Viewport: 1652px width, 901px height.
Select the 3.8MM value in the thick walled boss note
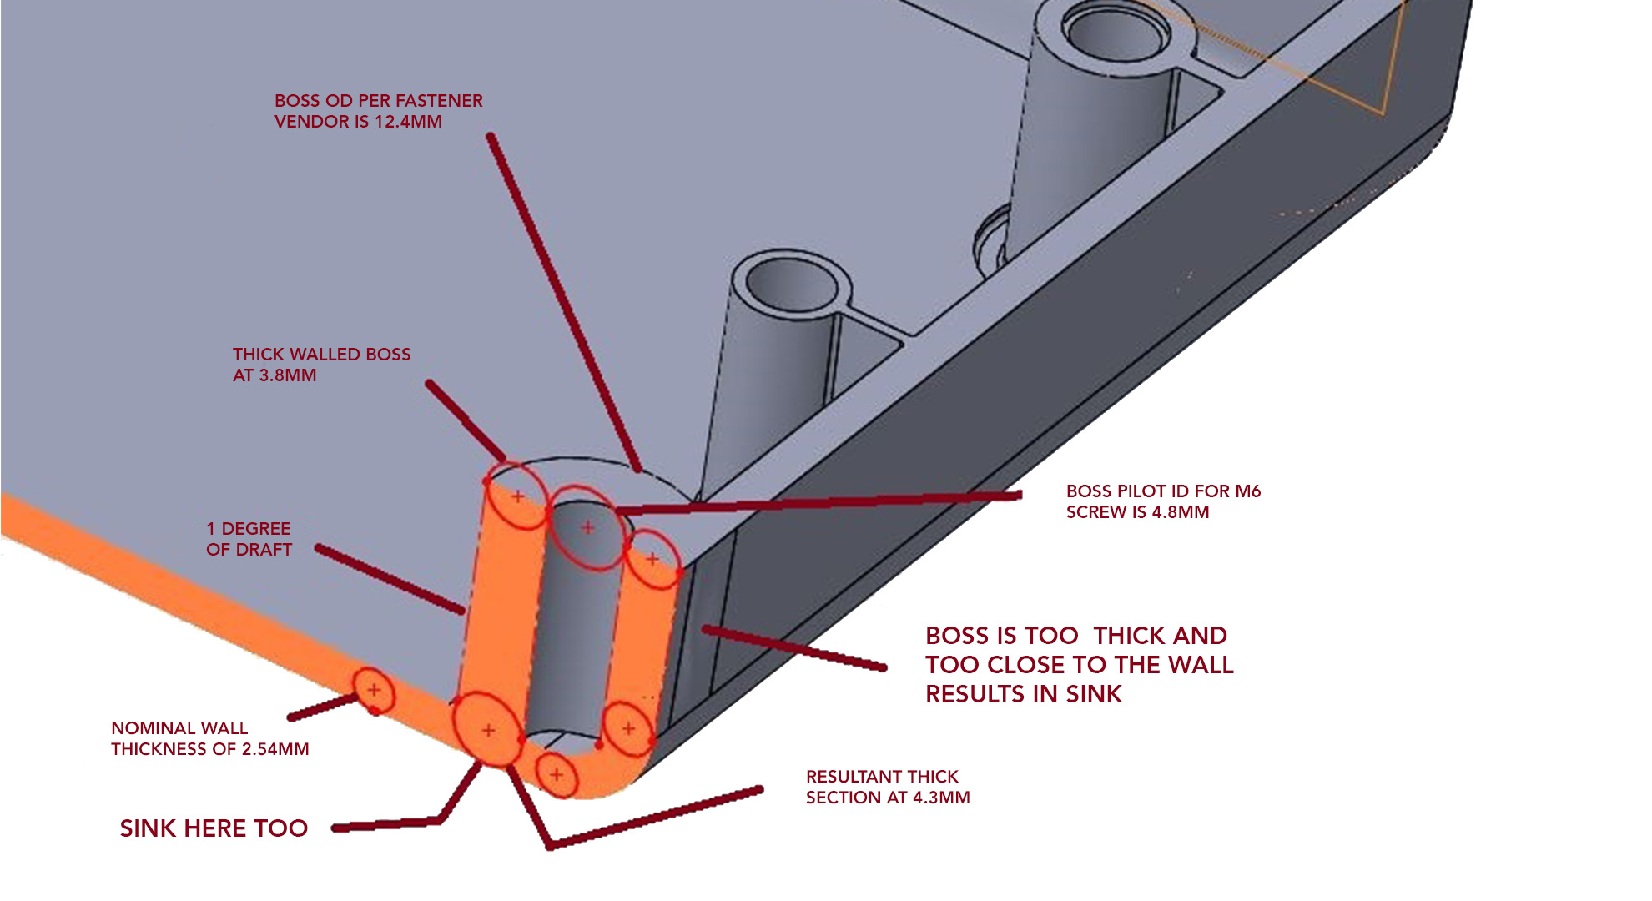tap(287, 375)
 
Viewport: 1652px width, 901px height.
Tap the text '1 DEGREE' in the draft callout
tap(249, 529)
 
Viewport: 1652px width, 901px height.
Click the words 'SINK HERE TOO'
tap(214, 828)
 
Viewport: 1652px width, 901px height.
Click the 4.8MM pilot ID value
tap(1180, 512)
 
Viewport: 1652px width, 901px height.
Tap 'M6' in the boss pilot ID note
tap(1247, 491)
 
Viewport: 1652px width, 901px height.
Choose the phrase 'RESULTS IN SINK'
tap(1024, 694)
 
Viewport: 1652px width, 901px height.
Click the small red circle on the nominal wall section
tap(374, 690)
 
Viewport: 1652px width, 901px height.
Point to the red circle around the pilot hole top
tap(587, 528)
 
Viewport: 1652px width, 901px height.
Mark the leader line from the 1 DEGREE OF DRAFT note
tap(390, 580)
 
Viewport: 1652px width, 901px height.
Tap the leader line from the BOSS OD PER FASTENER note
tap(563, 300)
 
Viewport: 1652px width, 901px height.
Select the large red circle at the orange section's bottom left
tap(487, 730)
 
